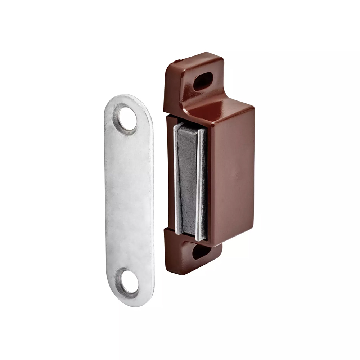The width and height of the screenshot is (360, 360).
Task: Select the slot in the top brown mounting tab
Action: (x=203, y=81)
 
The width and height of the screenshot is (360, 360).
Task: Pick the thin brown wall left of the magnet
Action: (x=171, y=173)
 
